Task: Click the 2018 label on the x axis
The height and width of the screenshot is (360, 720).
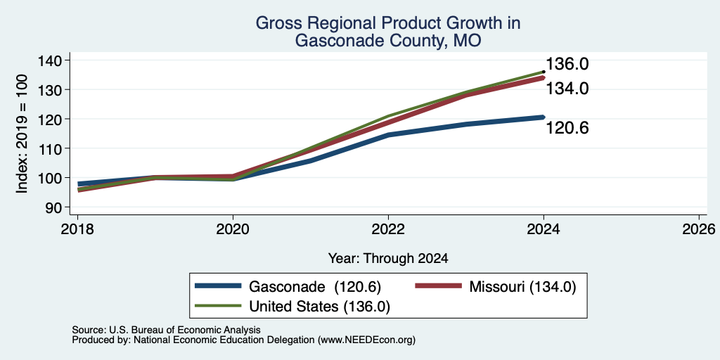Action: click(77, 229)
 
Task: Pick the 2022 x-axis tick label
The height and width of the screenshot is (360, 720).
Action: click(388, 229)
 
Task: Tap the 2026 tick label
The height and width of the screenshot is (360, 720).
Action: click(699, 229)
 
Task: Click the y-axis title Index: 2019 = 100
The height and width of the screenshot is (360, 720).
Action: click(22, 134)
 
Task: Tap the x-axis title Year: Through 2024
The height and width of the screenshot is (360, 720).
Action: click(388, 259)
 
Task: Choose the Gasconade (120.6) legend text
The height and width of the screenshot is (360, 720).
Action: click(315, 287)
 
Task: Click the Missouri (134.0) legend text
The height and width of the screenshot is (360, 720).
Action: click(522, 287)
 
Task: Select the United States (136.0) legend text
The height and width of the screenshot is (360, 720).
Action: click(320, 307)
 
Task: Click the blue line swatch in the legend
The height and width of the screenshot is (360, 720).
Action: click(218, 286)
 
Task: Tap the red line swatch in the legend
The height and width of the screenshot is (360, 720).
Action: click(438, 286)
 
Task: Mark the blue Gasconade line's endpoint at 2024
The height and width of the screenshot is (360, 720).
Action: click(544, 117)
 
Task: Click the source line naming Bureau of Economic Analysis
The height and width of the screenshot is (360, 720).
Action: click(166, 330)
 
